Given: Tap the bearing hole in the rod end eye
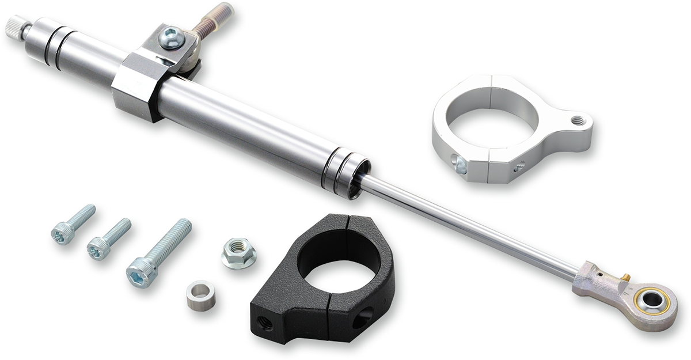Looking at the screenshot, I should [653, 300].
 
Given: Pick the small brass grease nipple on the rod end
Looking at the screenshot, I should [624, 278].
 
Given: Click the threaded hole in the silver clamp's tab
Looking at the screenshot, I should [576, 120].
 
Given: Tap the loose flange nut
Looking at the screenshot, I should [238, 253].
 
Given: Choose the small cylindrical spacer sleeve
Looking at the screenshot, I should [197, 294].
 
